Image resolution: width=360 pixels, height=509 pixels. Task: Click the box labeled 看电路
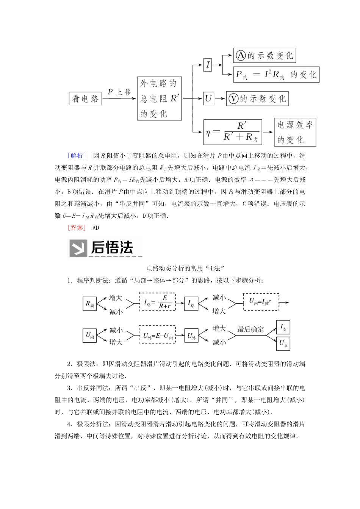pos(86,99)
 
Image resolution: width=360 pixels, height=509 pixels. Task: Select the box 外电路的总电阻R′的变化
pos(159,98)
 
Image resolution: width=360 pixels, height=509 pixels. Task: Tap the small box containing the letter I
pos(208,65)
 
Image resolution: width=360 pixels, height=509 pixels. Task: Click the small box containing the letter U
pos(208,99)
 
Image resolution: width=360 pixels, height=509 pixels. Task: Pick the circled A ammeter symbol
pos(240,56)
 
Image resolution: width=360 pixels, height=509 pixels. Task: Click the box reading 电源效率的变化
pos(295,132)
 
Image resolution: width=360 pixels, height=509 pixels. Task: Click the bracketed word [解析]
pos(76,156)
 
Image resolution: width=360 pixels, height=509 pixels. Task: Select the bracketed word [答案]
pos(76,228)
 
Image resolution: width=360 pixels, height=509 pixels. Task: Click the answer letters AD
pos(95,228)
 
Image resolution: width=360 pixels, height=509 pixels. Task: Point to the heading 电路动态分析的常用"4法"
pos(180,268)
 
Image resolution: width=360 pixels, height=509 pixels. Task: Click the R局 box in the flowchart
pos(90,304)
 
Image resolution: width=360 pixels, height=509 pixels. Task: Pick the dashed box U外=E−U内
pos(157,335)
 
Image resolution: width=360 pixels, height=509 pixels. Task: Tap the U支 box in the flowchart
pos(283,343)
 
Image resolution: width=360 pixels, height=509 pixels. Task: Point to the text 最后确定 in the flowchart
pos(250,329)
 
